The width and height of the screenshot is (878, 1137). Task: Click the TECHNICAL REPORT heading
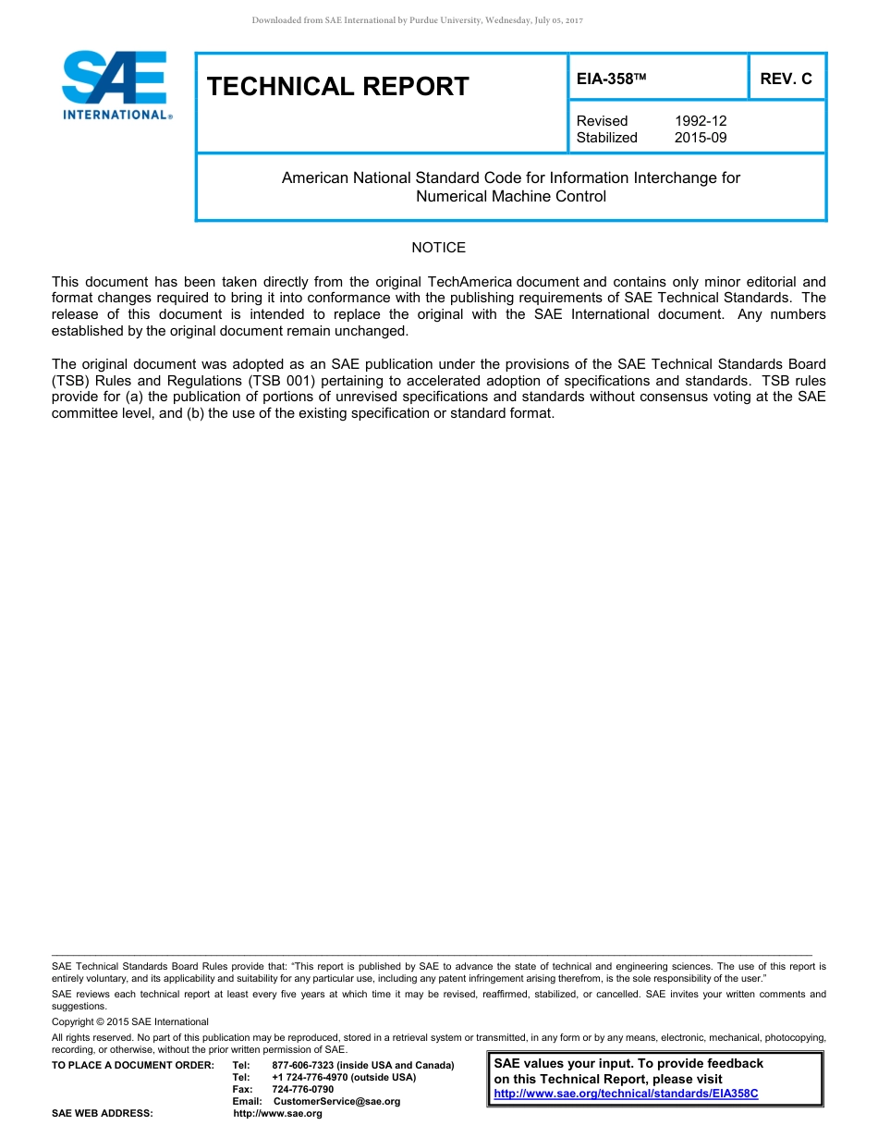[338, 87]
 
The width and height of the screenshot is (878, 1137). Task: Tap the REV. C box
[786, 79]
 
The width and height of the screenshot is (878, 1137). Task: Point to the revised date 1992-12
[700, 121]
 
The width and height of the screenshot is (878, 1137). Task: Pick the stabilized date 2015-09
[700, 138]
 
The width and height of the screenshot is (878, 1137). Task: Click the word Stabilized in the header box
[606, 138]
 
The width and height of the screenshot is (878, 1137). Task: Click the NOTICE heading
[438, 248]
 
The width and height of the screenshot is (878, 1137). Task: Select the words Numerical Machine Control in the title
[510, 197]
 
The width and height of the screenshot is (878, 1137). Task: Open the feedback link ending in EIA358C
[626, 1094]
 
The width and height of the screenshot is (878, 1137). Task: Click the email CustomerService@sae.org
[336, 1102]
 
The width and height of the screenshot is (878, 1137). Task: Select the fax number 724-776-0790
[302, 1090]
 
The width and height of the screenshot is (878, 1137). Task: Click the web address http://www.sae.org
[277, 1114]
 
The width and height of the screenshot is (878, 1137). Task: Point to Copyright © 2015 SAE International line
[130, 1022]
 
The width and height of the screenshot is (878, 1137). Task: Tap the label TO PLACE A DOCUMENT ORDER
[132, 1066]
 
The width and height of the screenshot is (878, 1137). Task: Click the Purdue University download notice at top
[417, 20]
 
